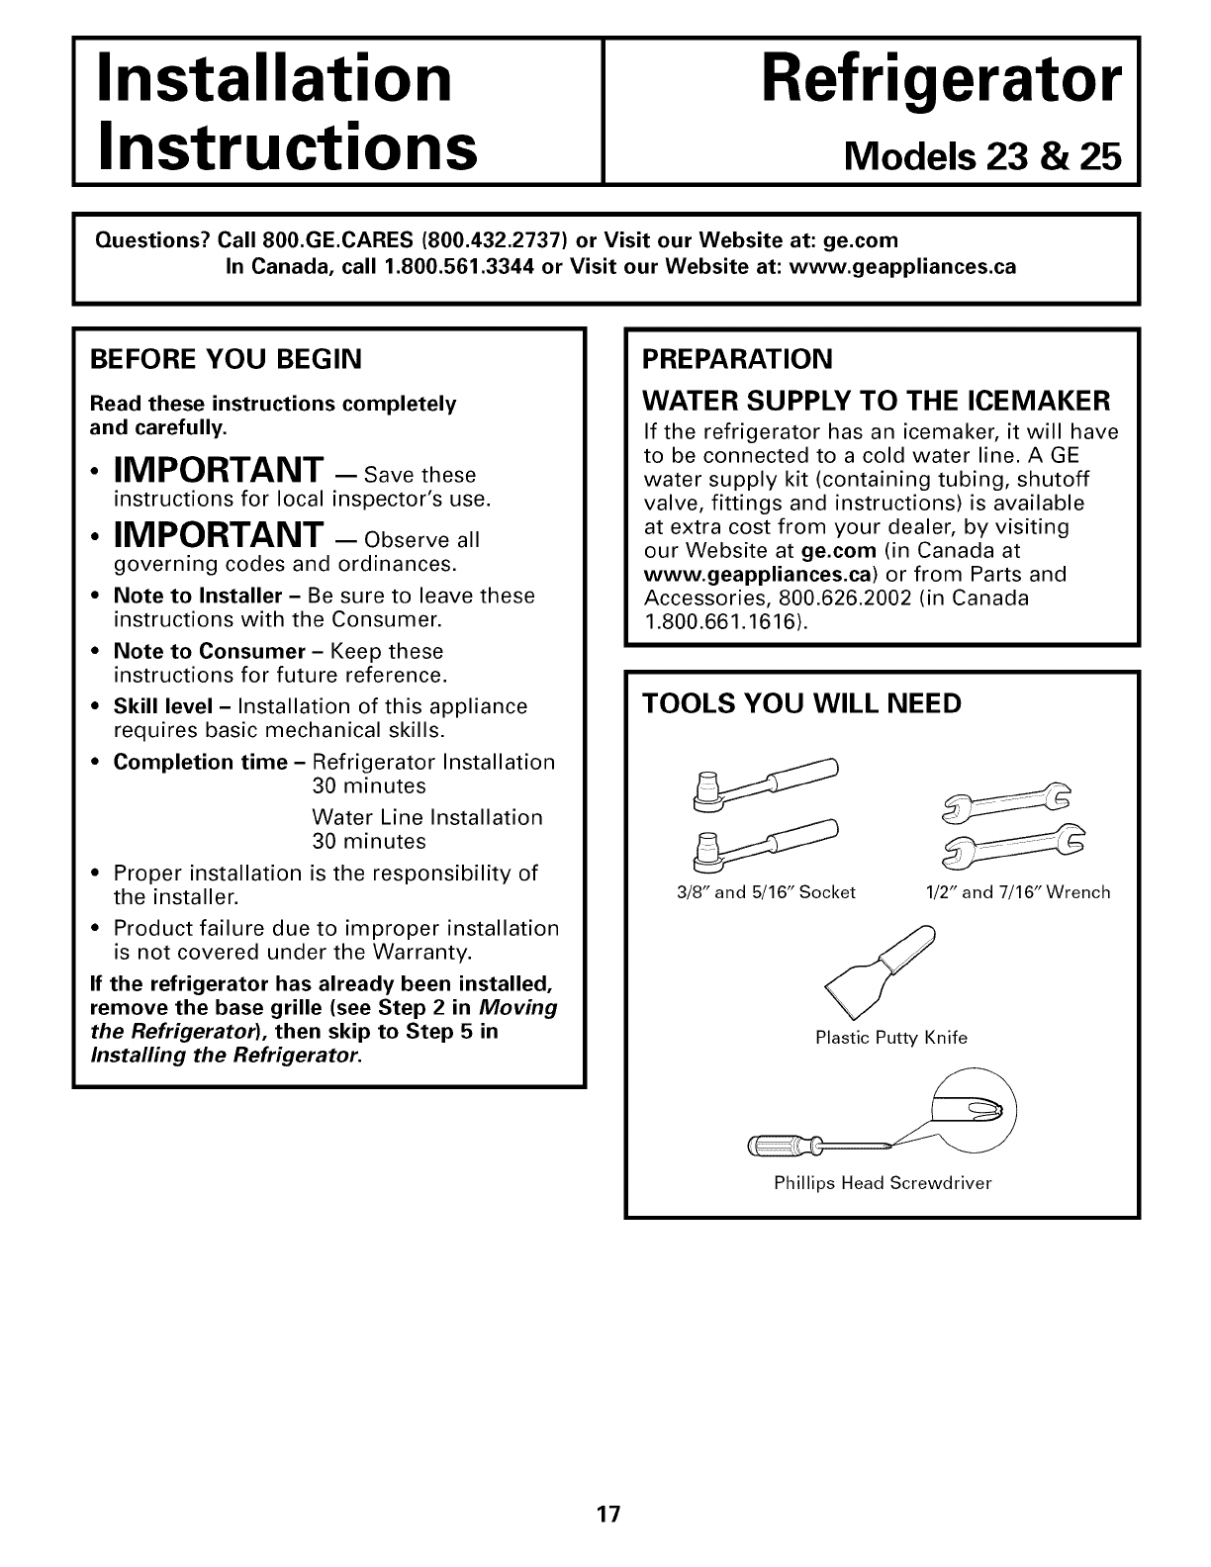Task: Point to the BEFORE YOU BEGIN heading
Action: click(225, 358)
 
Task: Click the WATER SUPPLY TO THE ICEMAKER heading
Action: click(877, 401)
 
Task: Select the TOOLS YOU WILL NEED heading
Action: click(801, 703)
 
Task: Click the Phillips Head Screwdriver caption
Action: click(883, 1183)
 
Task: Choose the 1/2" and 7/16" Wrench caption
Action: click(1017, 892)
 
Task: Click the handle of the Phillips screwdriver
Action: click(782, 1146)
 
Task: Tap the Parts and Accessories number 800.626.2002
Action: click(840, 599)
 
